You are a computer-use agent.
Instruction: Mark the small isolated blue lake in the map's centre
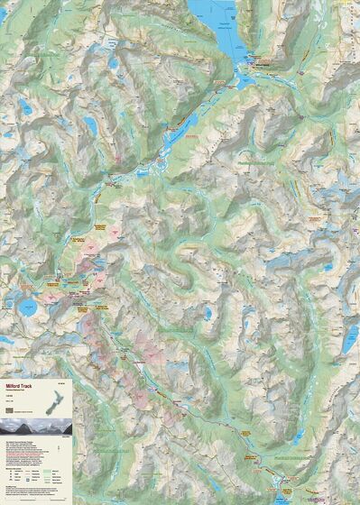click(x=208, y=314)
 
